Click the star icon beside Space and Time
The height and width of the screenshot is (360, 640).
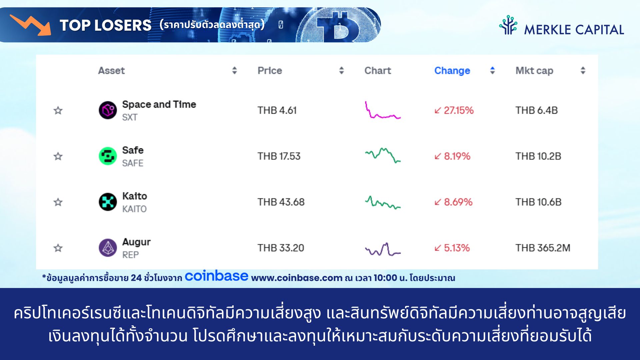(x=58, y=110)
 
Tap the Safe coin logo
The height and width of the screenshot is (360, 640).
(x=108, y=156)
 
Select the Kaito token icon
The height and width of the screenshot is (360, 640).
(x=108, y=202)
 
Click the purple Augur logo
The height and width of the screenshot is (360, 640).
(x=108, y=248)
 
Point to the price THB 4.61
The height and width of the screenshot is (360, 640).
(x=277, y=110)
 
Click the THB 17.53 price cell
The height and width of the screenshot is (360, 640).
(x=279, y=156)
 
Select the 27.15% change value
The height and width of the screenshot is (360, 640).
(x=454, y=110)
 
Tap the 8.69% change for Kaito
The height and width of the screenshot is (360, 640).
(x=453, y=202)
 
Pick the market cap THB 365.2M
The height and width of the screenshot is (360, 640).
(x=543, y=248)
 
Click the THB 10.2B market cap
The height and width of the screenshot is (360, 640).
(x=538, y=156)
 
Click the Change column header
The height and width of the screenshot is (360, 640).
(x=452, y=70)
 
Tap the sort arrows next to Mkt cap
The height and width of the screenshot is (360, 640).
(x=583, y=70)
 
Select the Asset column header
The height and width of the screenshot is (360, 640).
(x=111, y=70)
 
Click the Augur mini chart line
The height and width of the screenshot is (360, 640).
(x=383, y=249)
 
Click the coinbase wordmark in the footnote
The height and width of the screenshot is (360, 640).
(x=216, y=276)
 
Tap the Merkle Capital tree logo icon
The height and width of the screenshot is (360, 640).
(x=508, y=25)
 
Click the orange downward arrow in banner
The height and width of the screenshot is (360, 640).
(x=31, y=25)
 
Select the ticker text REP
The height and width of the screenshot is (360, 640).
(x=130, y=255)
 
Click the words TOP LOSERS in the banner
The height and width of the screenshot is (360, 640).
(x=105, y=25)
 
